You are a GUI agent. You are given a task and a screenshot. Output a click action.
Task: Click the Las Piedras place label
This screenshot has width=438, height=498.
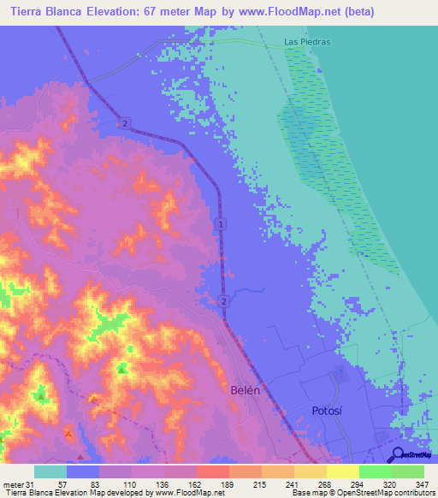pos(307,41)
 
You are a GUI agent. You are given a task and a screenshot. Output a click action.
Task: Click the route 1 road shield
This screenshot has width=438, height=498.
pos(222,224)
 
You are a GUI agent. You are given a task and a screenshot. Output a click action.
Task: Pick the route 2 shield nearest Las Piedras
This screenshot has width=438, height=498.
pos(126,124)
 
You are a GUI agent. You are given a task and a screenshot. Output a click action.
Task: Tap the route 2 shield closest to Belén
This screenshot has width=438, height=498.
pos(222,301)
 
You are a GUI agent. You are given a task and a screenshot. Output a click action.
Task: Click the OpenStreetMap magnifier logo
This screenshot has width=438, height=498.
pos(395,454)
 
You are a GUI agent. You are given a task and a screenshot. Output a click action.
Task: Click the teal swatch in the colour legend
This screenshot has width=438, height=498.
pos(50,471)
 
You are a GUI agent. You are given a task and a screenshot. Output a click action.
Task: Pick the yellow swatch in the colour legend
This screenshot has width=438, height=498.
pos(342,471)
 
